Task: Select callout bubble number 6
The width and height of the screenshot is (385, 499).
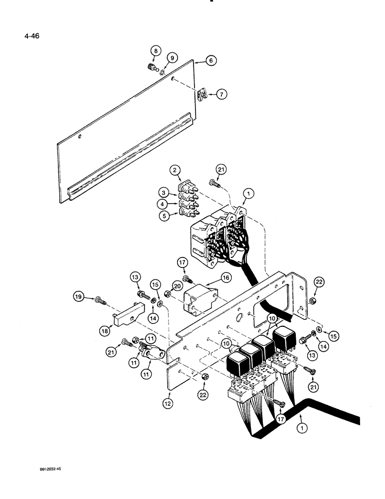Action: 211,60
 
